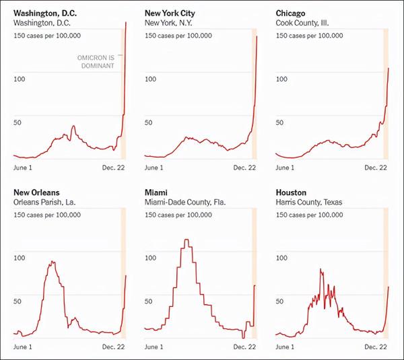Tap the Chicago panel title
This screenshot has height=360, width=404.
pyautogui.click(x=291, y=13)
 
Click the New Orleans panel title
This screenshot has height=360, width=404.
pyautogui.click(x=36, y=192)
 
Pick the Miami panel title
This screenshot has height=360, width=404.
pyautogui.click(x=156, y=192)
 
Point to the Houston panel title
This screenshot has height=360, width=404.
pyautogui.click(x=291, y=192)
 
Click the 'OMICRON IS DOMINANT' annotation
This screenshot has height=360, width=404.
pyautogui.click(x=96, y=62)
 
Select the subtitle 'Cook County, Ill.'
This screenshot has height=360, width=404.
pyautogui.click(x=304, y=23)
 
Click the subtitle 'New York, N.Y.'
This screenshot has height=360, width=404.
pyautogui.click(x=170, y=23)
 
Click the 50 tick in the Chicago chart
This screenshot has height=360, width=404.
pyautogui.click(x=280, y=122)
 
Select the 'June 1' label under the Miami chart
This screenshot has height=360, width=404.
pyautogui.click(x=154, y=347)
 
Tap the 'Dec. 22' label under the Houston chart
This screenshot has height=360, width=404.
pyautogui.click(x=376, y=347)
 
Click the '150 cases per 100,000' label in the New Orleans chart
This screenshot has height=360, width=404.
pyautogui.click(x=47, y=215)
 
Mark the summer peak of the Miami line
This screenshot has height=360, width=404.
pyautogui.click(x=186, y=240)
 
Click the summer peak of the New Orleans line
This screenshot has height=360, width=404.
pyautogui.click(x=52, y=262)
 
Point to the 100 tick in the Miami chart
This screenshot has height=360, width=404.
pyautogui.click(x=151, y=258)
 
